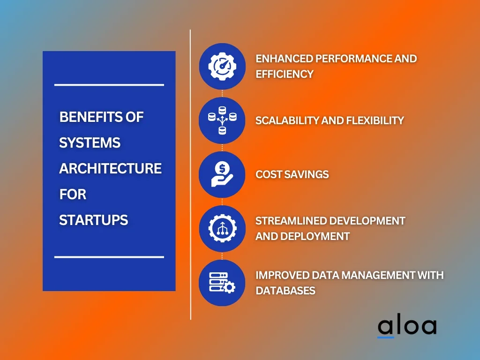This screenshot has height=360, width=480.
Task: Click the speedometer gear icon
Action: click(x=222, y=66)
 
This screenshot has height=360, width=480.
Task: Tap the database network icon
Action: click(x=222, y=120)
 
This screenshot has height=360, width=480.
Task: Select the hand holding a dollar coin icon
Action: click(x=222, y=174)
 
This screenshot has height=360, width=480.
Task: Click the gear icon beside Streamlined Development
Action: click(x=222, y=228)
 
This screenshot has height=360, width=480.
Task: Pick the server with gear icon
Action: click(x=222, y=283)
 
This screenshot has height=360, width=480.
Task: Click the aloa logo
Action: click(x=407, y=327)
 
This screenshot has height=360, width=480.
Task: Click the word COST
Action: click(x=269, y=174)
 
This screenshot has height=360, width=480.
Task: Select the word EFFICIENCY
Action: click(x=285, y=74)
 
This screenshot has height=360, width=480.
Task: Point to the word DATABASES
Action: click(x=285, y=291)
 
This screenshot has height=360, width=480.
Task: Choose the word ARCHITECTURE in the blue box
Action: click(x=110, y=168)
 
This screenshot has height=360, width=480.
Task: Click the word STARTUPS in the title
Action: click(x=93, y=220)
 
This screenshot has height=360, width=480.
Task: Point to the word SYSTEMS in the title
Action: click(x=90, y=142)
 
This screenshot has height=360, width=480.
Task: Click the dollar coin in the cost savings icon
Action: click(x=222, y=168)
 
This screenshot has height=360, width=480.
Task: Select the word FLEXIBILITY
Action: click(x=375, y=120)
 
